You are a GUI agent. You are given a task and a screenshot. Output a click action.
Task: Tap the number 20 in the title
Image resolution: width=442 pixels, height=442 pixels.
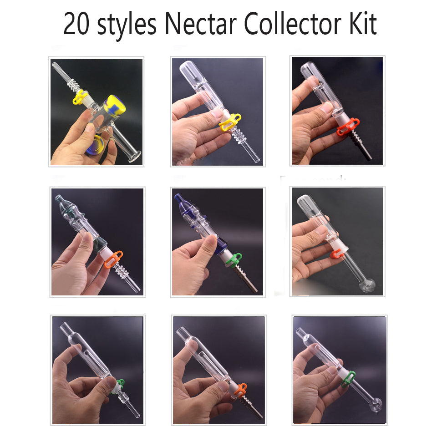point(76,25)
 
